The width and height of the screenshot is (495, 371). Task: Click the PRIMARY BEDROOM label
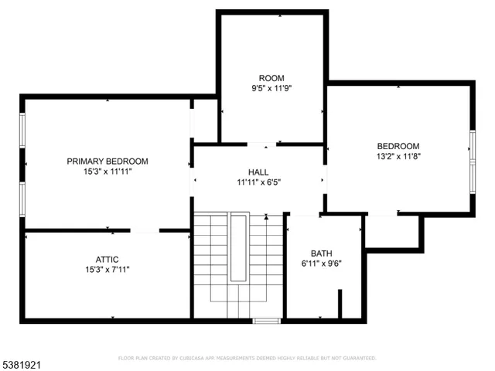pos(107,162)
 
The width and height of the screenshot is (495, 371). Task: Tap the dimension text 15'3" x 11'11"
pos(107,172)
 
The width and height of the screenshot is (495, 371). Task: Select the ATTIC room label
pos(107,259)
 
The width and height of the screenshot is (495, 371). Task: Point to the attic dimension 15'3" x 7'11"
pos(107,270)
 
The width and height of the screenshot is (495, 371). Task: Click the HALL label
pos(258,172)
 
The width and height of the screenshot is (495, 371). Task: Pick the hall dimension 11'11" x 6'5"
pos(258,182)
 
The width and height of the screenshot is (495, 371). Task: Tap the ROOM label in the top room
pos(271,78)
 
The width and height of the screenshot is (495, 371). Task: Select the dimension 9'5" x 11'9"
pos(271,88)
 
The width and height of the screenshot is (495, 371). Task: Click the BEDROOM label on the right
pos(398,146)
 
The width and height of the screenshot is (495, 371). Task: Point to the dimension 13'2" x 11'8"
pos(398,156)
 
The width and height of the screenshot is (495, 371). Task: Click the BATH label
pos(320,253)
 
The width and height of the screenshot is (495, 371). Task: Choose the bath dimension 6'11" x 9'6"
pos(320,263)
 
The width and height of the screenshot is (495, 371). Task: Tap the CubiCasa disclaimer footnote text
pos(247,359)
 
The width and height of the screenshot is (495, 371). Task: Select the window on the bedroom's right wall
pos(472,148)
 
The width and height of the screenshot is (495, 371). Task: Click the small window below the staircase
pos(266,320)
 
